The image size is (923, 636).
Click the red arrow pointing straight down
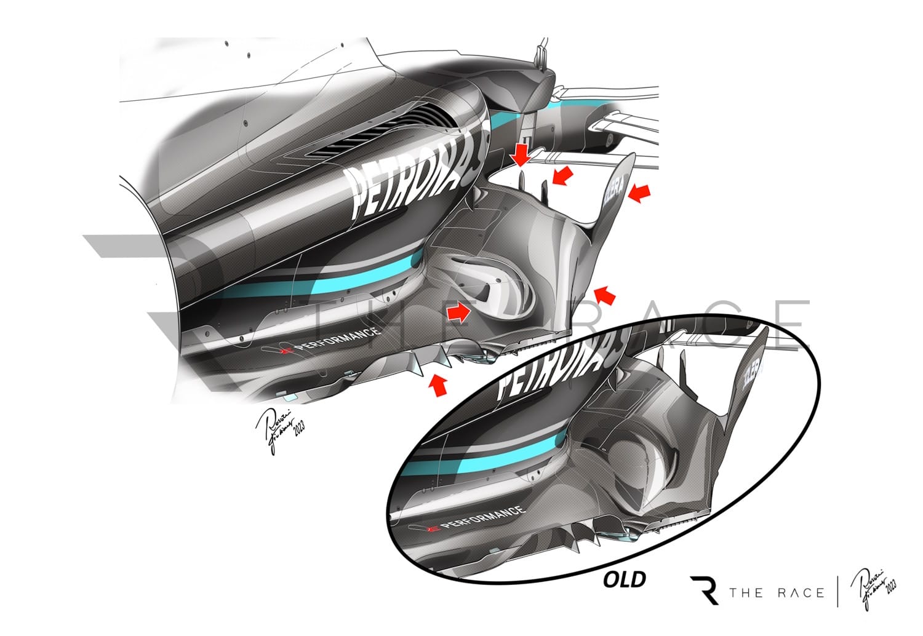click(x=521, y=154)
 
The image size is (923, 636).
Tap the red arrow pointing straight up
click(x=438, y=386)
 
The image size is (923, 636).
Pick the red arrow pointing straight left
click(x=639, y=194)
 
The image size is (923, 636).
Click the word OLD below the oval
click(x=624, y=579)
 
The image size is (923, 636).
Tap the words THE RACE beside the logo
click(x=777, y=593)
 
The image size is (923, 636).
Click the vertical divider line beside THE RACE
click(x=837, y=592)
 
